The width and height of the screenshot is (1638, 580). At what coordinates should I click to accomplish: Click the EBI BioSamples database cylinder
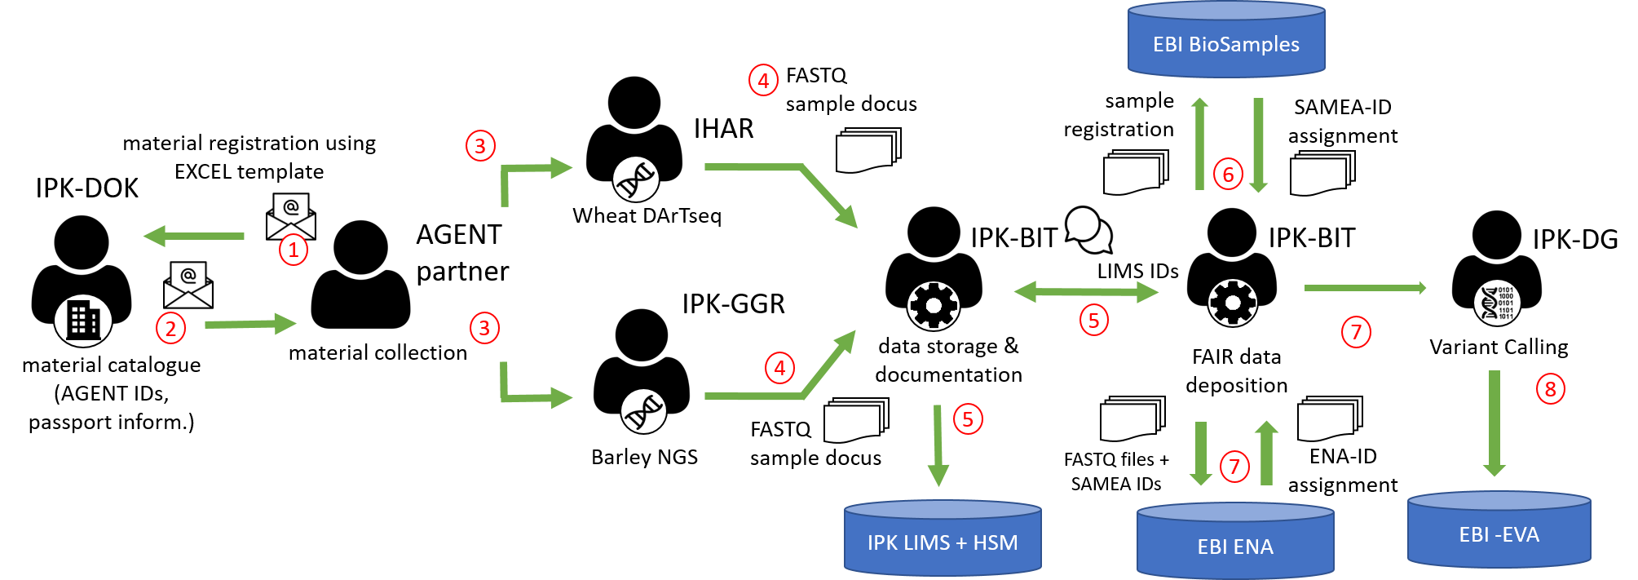pos(1225,41)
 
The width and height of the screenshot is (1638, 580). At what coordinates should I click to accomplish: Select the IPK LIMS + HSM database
pos(943,539)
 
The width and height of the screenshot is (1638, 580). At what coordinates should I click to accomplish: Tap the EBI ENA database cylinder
pos(1235,542)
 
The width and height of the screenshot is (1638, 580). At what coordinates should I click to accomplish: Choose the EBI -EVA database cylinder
pos(1499,531)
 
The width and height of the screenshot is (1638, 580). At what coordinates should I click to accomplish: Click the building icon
pos(83,321)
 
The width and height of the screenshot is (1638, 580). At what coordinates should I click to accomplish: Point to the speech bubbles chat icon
pos(1088,230)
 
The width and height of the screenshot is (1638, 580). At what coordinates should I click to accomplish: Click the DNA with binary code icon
pos(1497,303)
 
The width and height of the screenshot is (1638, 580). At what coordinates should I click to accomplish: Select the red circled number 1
pos(293,250)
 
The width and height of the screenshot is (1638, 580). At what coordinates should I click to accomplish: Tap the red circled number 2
pos(170,329)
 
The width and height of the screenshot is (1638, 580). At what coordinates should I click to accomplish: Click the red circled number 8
pos(1550,389)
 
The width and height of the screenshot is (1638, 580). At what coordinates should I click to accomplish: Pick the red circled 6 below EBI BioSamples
pos(1228,174)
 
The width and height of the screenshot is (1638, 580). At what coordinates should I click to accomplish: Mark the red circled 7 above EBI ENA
pos(1234,467)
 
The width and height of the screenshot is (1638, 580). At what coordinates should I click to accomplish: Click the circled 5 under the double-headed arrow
pos(1093,320)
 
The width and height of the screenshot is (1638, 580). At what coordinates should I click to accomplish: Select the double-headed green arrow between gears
pos(1086,291)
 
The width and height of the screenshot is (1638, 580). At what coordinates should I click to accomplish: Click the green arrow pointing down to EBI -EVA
pos(1495,423)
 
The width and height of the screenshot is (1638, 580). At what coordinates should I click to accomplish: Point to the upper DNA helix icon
pos(636,179)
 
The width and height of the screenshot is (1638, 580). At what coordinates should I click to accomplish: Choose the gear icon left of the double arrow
pos(934,306)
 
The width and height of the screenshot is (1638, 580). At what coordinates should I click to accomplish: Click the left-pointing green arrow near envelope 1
pos(193,236)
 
